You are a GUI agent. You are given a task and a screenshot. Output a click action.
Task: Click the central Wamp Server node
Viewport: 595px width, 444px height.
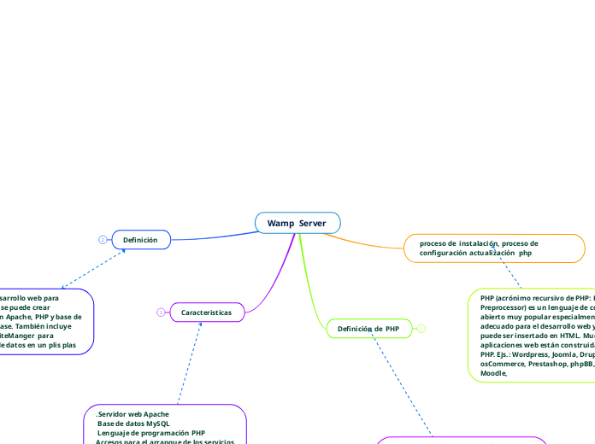[x=297, y=223]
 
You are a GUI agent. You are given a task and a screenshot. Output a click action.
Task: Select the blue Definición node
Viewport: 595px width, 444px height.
[x=140, y=240]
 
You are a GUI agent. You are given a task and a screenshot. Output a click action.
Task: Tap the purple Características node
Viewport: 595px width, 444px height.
[x=206, y=313]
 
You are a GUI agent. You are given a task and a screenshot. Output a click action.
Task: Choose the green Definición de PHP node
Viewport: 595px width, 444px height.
[x=368, y=329]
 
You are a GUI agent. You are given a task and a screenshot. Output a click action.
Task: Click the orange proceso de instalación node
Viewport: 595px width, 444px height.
[x=493, y=248]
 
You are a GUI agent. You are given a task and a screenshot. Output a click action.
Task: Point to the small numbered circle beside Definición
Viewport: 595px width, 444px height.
[x=103, y=240]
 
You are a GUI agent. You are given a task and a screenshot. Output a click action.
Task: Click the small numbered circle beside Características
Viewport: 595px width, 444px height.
[x=160, y=313]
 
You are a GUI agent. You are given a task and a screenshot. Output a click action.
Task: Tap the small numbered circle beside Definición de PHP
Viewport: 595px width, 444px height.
[x=421, y=329]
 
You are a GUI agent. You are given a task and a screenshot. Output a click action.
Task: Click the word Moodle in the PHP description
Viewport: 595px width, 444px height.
[x=493, y=373]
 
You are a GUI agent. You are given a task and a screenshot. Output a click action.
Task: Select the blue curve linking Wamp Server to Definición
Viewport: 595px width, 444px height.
[x=214, y=237]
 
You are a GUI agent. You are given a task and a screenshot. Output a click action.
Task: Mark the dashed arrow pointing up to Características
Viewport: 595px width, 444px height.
[x=191, y=359]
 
